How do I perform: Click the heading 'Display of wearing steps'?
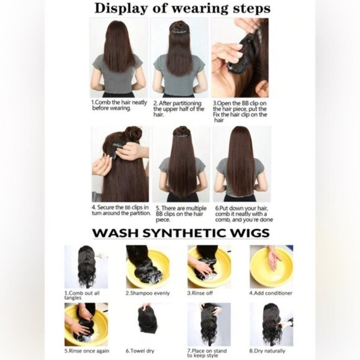click(x=181, y=9)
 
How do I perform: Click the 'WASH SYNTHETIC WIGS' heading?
click(x=181, y=233)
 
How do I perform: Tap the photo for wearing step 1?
click(x=119, y=58)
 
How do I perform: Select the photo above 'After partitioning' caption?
click(x=179, y=58)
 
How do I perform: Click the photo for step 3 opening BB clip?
click(x=240, y=58)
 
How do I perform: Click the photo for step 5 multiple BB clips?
click(x=181, y=164)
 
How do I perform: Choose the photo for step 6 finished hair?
click(x=241, y=164)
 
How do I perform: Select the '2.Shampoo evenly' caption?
click(x=147, y=293)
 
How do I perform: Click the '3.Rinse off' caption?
click(x=202, y=293)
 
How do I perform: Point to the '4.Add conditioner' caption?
click(x=271, y=293)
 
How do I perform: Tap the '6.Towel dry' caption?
click(x=142, y=351)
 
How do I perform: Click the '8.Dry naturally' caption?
click(x=269, y=351)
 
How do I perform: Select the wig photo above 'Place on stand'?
click(x=209, y=324)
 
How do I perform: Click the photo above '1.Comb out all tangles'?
click(x=86, y=266)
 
